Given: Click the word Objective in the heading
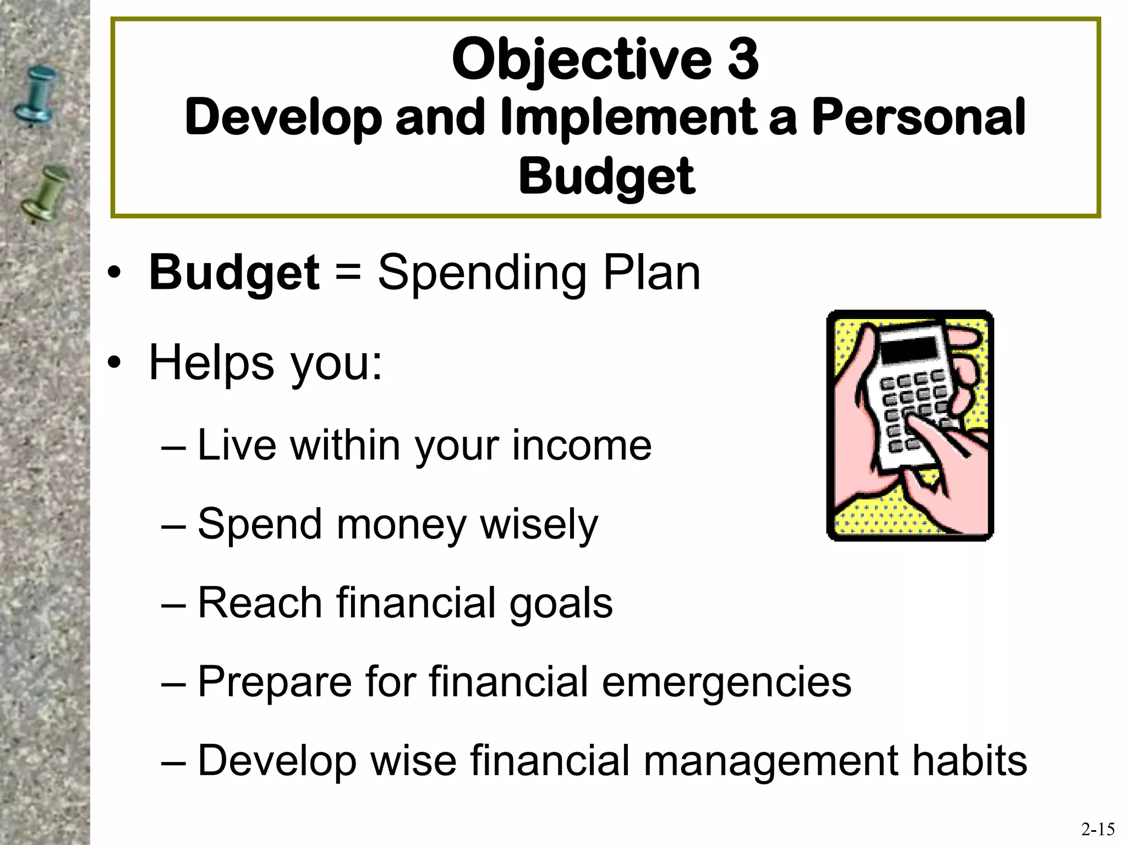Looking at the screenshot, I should (x=581, y=59).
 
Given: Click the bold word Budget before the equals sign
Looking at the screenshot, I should (x=234, y=273).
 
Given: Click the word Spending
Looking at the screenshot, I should (x=482, y=273).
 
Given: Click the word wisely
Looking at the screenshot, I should (x=539, y=524).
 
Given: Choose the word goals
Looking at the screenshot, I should (x=561, y=603).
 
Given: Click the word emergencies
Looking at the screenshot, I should (x=726, y=682).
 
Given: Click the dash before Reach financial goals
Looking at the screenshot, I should (x=174, y=603).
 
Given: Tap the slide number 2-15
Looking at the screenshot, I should (x=1097, y=828).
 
